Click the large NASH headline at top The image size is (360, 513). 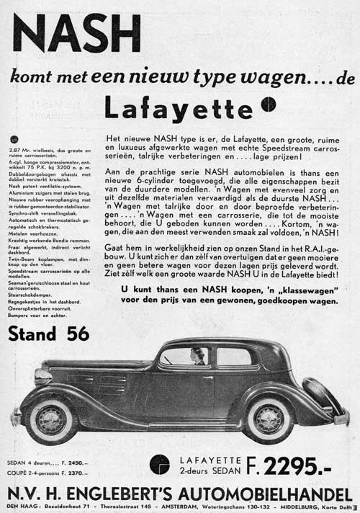[76, 33]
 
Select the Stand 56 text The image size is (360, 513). [49, 334]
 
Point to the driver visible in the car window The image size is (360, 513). [197, 356]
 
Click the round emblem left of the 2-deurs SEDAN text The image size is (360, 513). [160, 464]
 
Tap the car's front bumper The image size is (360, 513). [16, 416]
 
